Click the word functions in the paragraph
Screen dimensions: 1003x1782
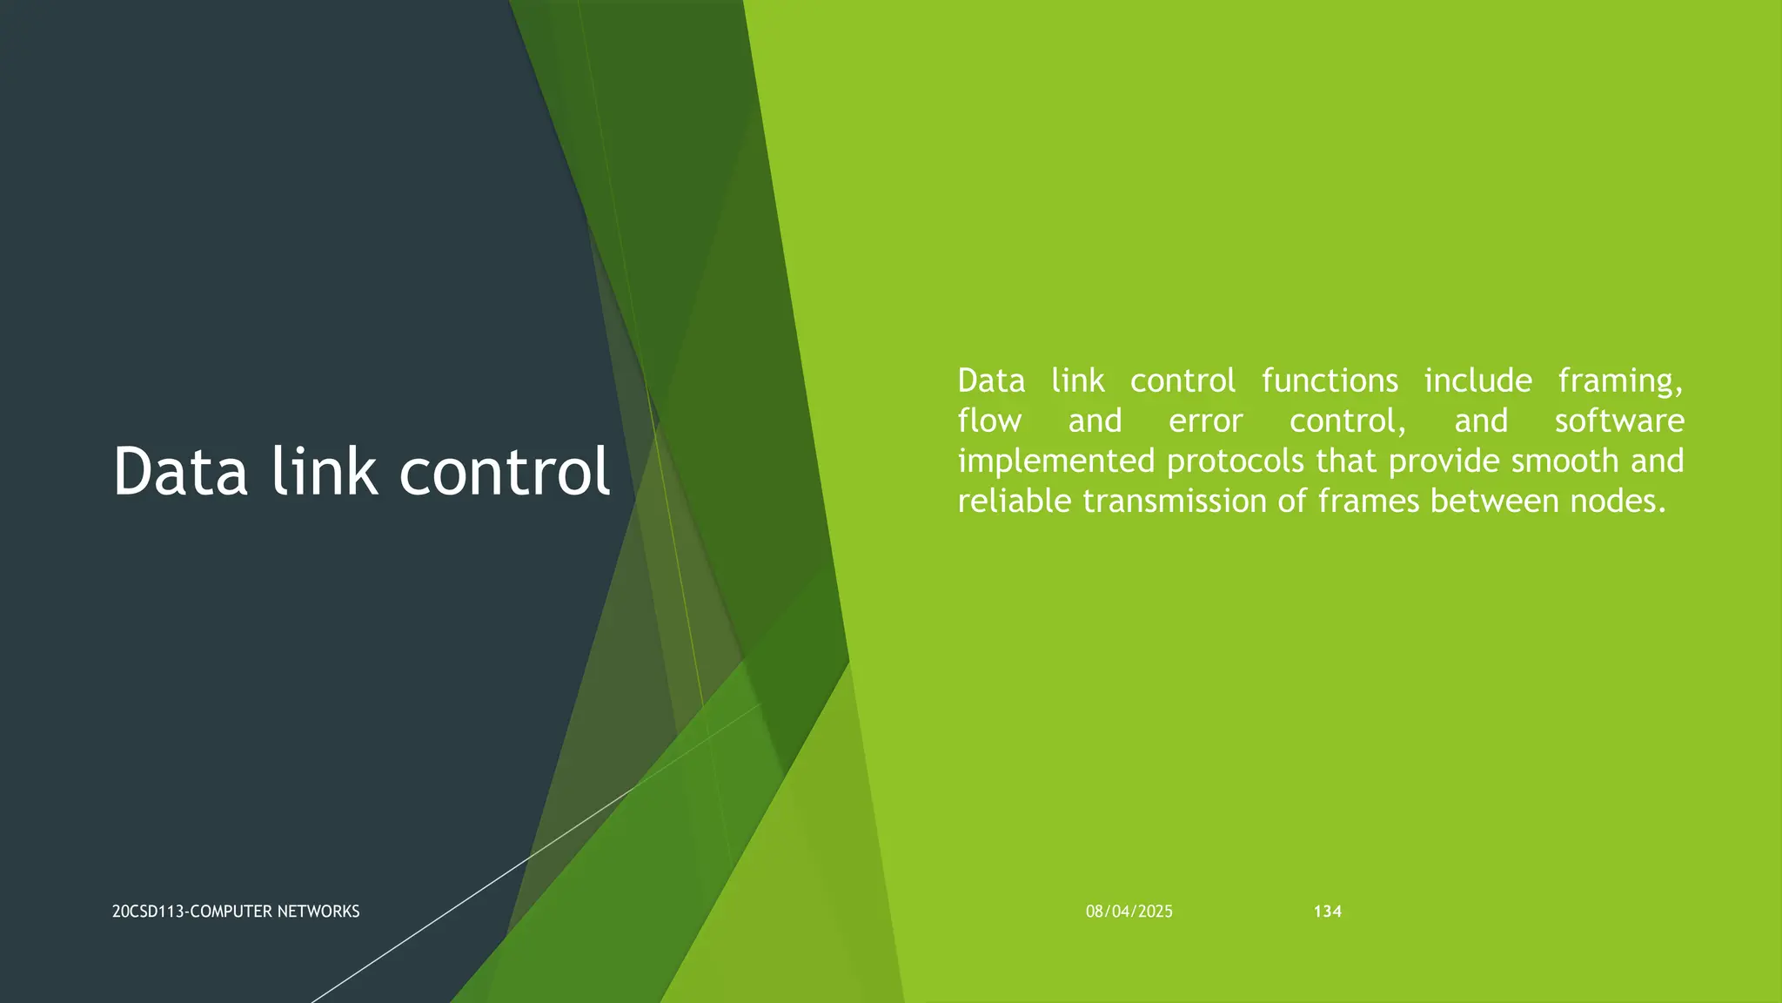[1330, 381]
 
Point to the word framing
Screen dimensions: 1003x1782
[1620, 381]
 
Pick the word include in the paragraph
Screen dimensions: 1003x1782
[1477, 381]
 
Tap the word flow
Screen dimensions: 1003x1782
[989, 421]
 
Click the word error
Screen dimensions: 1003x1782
[1205, 421]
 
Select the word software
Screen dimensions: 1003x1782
[1619, 421]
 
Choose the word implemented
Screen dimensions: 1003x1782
[1055, 461]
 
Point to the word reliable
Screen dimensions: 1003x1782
[1015, 501]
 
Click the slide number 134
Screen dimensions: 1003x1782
[1327, 912]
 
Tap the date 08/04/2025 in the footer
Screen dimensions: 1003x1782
[1129, 912]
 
